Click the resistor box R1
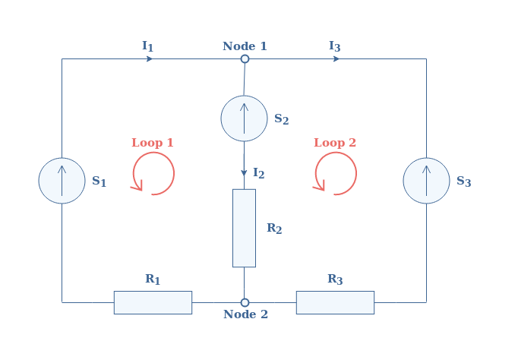coord(153,302)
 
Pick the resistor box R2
coord(244,228)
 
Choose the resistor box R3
coord(335,302)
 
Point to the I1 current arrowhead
coord(150,59)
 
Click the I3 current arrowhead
coord(336,59)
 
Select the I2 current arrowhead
coord(244,173)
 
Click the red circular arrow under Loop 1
coord(174,173)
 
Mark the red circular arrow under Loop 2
coord(356,173)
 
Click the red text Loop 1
coord(153,143)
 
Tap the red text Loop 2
coord(335,143)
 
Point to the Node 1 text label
coord(245,46)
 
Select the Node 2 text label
coord(245,314)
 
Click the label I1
coord(147,46)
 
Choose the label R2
coord(274,228)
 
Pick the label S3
coord(464,181)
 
